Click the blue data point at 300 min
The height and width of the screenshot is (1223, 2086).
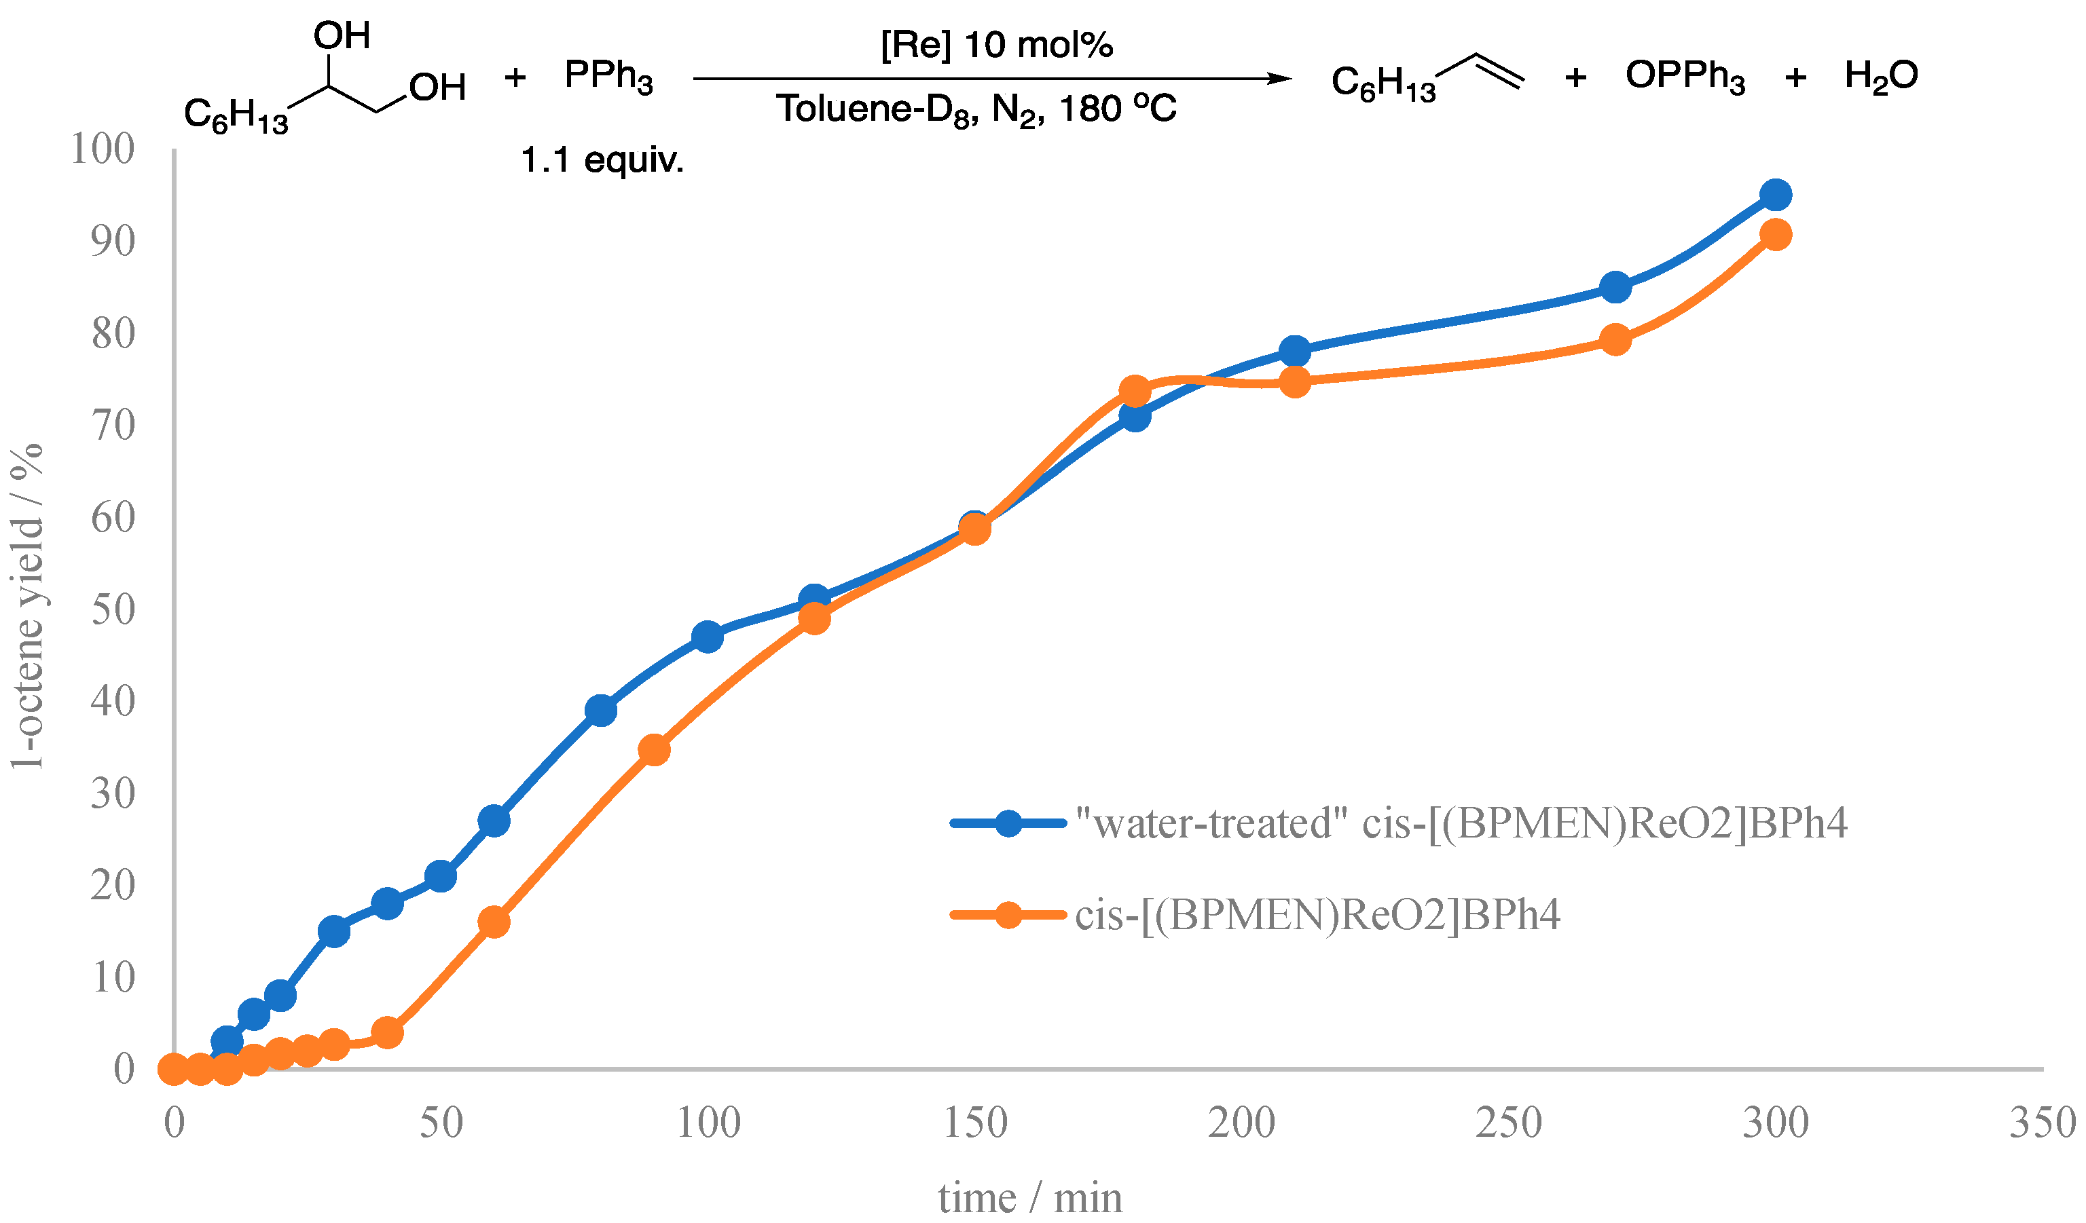click(x=1776, y=195)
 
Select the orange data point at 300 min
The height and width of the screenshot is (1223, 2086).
click(x=1776, y=235)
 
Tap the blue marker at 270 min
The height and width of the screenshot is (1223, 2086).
click(x=1615, y=288)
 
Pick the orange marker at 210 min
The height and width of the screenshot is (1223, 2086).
click(x=1295, y=381)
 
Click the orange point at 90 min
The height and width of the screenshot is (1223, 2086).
click(x=654, y=750)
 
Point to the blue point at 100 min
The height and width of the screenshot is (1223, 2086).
click(x=708, y=637)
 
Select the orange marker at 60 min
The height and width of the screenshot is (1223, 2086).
click(x=494, y=922)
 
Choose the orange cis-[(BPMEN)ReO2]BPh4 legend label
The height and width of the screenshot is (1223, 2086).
click(x=1316, y=915)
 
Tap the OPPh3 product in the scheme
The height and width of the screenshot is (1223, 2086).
click(x=1685, y=76)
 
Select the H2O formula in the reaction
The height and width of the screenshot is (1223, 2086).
click(x=1881, y=76)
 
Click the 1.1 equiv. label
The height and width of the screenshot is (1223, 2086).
click(x=602, y=159)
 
